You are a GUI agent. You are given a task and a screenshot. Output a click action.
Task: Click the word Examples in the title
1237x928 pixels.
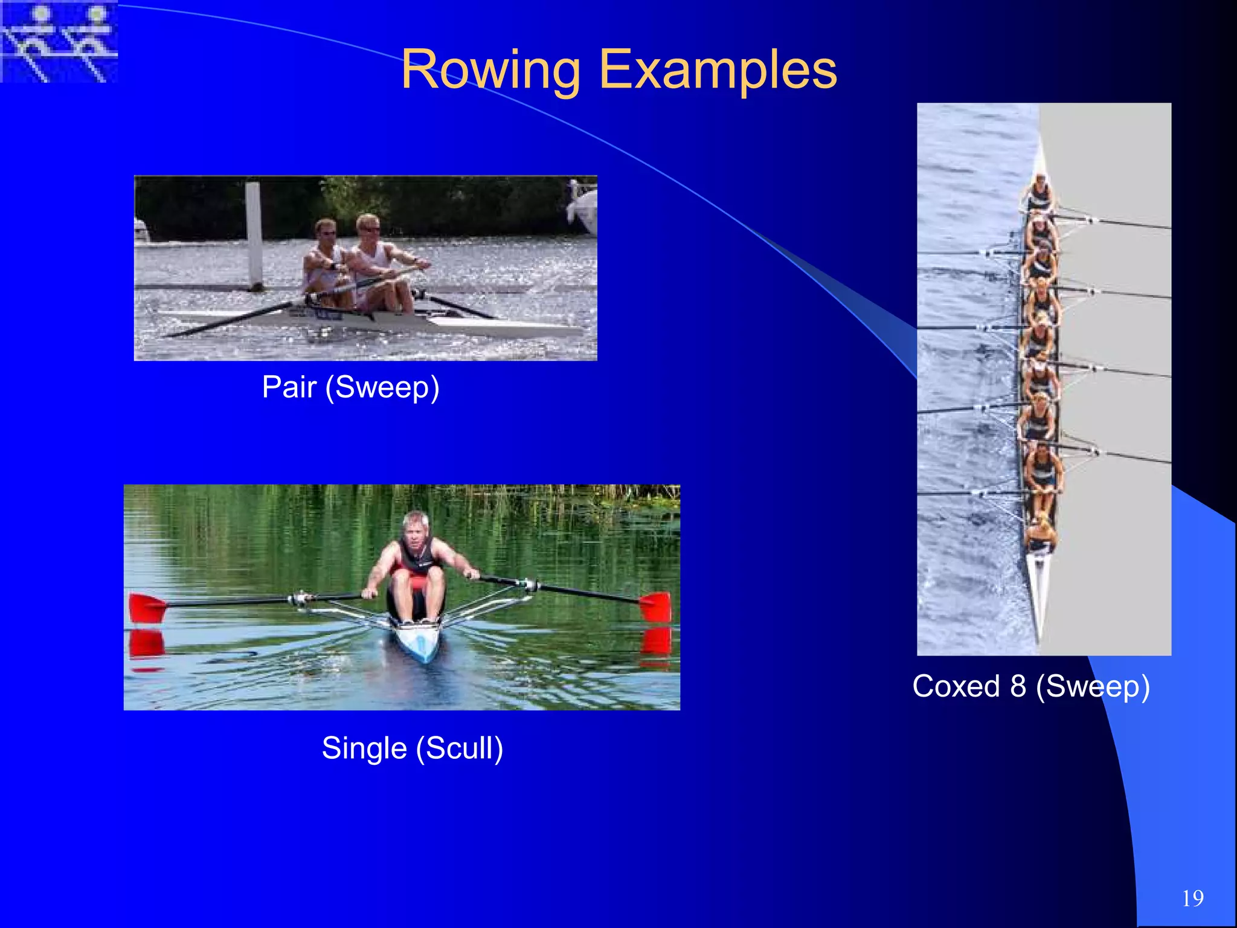(x=718, y=71)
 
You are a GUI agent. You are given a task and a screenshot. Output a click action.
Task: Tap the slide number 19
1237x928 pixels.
(x=1193, y=898)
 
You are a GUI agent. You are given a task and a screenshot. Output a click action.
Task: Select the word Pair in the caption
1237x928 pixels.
(x=289, y=387)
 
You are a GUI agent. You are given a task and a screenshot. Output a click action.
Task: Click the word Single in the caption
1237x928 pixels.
(x=364, y=748)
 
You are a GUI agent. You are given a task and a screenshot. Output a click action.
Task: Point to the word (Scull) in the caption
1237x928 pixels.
(x=459, y=748)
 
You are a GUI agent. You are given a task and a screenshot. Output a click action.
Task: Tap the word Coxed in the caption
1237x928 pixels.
(x=956, y=686)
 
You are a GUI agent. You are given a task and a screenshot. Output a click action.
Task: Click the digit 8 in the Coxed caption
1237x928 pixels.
(x=1018, y=686)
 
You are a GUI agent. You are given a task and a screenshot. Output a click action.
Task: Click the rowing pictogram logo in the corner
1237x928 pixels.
(x=59, y=41)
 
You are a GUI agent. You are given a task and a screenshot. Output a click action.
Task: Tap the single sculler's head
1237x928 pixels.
(x=416, y=527)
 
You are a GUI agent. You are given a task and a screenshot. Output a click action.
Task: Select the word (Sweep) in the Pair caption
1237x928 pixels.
(x=382, y=387)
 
